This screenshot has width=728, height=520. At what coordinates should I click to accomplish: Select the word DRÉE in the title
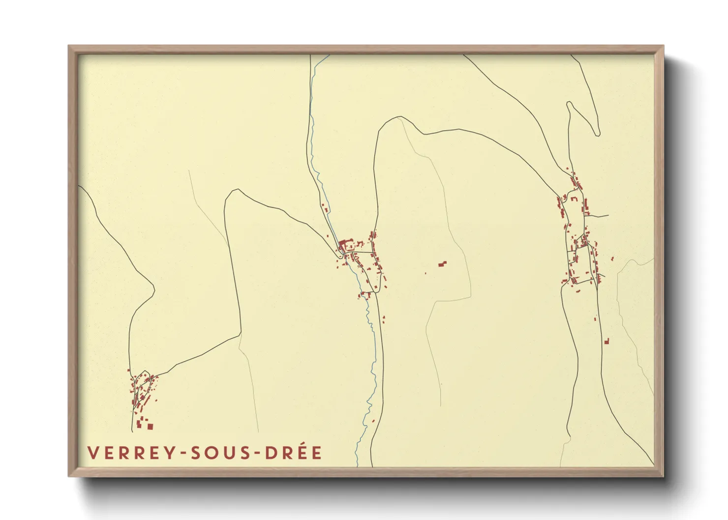pyautogui.click(x=294, y=452)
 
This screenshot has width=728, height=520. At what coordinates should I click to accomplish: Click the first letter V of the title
pyautogui.click(x=92, y=453)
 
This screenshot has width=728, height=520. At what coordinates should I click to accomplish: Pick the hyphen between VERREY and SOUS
pyautogui.click(x=183, y=453)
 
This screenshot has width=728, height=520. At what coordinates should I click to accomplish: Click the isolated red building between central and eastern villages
pyautogui.click(x=442, y=264)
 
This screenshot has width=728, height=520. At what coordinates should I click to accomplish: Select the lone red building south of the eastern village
pyautogui.click(x=607, y=341)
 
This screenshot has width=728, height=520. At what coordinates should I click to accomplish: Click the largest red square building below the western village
pyautogui.click(x=150, y=426)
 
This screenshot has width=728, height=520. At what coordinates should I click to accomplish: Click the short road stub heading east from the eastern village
pyautogui.click(x=600, y=215)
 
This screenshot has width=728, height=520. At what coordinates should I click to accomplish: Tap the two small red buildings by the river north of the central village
pyautogui.click(x=324, y=208)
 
